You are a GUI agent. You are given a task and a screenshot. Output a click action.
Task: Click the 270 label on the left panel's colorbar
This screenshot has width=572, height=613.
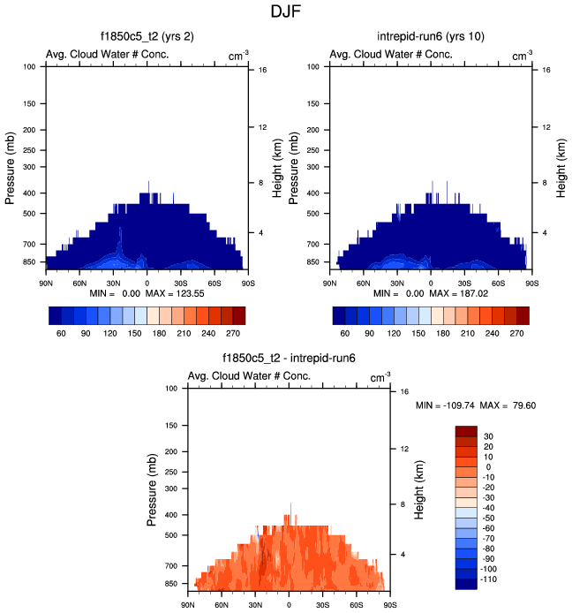coord(231,334)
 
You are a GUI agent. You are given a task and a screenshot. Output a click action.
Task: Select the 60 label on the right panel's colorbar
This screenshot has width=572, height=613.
coord(346,334)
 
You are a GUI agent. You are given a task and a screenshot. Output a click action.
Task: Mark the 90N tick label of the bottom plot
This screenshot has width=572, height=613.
coord(188,605)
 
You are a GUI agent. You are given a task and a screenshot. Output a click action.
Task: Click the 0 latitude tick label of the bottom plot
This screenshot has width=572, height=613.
coord(289,605)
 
